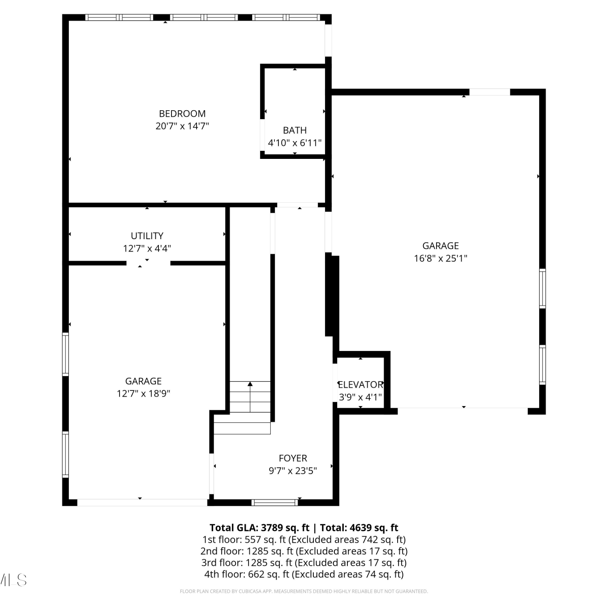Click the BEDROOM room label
coord(182,113)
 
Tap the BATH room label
coord(295,130)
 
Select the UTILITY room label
coord(147,235)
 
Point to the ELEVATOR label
coord(360,384)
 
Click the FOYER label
coord(293,458)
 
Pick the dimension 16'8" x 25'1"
coord(441,258)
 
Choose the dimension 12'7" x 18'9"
coord(143,393)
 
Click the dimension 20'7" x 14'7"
coord(182,126)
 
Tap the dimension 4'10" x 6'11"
coord(295,143)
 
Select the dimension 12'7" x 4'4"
coord(147,248)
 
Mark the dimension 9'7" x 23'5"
coord(293,471)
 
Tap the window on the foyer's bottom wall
coord(274,503)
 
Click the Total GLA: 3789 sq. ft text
coord(259,527)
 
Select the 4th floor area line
coord(304,574)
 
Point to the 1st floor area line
coord(304,539)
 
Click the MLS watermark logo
coord(13,580)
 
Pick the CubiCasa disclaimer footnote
coord(304,591)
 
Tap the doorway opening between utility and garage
coord(148,263)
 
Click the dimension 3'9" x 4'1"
coord(360,397)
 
